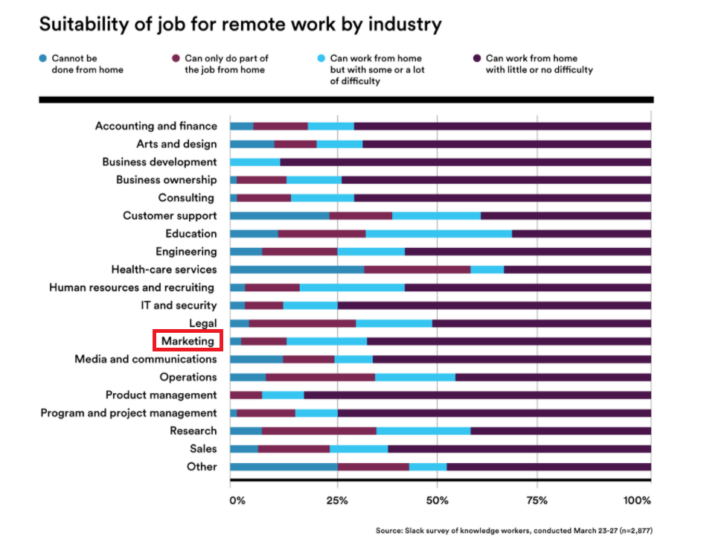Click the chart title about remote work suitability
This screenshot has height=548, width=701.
point(240,25)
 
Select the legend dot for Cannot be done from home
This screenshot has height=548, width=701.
point(43,58)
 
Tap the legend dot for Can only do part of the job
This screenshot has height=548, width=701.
point(176,58)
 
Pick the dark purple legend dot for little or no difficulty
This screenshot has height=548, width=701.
point(476,58)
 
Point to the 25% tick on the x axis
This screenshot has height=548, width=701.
point(337,500)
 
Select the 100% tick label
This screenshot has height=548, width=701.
point(637,500)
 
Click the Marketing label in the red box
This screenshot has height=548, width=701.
point(188,341)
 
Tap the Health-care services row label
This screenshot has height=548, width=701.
point(164,270)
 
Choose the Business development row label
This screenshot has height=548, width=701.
point(159,162)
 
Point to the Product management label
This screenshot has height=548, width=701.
point(161,395)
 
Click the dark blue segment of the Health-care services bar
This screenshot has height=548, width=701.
point(297,270)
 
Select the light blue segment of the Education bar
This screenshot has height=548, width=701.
point(439,234)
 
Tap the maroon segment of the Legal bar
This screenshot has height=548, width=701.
point(302,323)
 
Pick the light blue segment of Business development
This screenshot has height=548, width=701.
point(255,162)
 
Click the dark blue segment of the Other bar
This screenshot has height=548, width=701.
point(284,467)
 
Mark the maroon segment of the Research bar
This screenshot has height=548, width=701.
point(319,431)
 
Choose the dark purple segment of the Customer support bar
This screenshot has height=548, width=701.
point(566,216)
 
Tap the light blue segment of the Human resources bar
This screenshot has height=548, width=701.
point(352,287)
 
